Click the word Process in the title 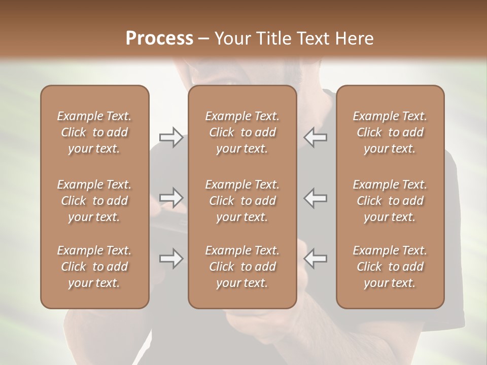[159, 39]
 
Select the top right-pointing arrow [171, 137]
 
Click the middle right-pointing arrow [171, 198]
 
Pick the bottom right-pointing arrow [171, 259]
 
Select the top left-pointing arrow [316, 137]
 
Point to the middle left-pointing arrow [316, 198]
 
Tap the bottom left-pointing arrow [316, 259]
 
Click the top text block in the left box [94, 132]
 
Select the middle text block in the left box [94, 201]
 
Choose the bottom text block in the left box [94, 267]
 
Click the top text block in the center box [242, 132]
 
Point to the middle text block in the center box [242, 201]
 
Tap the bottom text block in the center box [242, 267]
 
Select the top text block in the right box [390, 132]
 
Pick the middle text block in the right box [390, 201]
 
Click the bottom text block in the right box [390, 267]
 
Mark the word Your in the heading [232, 39]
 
